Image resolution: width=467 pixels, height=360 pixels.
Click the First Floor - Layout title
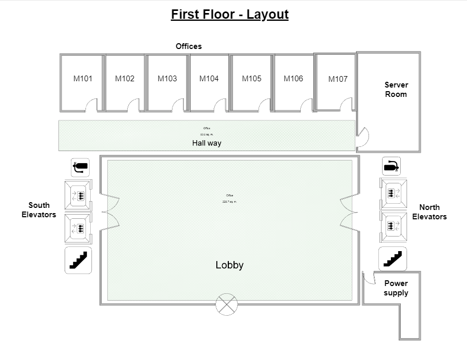[229, 14]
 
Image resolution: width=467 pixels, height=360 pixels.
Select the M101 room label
[82, 79]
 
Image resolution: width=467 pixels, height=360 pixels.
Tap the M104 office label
[209, 79]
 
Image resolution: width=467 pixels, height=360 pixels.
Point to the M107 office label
[338, 79]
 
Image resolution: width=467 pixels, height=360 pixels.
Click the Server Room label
[396, 90]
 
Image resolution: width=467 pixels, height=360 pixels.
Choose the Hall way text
[206, 143]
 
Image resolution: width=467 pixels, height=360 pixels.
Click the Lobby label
[229, 265]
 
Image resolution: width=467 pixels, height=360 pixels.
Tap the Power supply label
[396, 288]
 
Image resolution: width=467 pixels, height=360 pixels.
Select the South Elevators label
[39, 210]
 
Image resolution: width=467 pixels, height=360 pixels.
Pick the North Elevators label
[429, 212]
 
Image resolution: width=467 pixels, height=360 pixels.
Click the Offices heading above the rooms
[188, 46]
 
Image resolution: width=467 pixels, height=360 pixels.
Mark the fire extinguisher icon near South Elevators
[80, 167]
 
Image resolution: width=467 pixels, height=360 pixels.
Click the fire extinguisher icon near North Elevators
[391, 166]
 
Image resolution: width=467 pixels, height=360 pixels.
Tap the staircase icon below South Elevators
[78, 260]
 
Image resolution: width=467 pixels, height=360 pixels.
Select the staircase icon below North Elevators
[392, 259]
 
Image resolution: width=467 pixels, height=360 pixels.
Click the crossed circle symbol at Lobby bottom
[226, 304]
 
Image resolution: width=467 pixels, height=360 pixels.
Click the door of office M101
[92, 105]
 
